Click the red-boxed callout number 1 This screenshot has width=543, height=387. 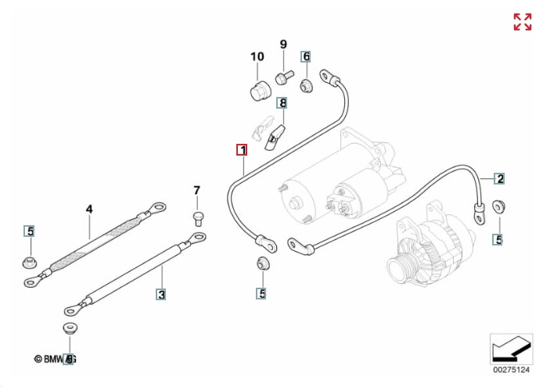tap(243, 149)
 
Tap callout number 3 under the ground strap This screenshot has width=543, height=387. tap(161, 295)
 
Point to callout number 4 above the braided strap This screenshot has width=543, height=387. tap(89, 209)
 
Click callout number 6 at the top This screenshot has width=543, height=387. tap(306, 56)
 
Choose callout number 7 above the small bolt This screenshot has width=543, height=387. tap(197, 190)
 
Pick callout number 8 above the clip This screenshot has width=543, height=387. tap(282, 102)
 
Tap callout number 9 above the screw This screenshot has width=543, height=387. tap(283, 44)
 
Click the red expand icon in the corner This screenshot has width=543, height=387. tap(522, 22)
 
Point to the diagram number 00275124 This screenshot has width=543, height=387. tap(511, 367)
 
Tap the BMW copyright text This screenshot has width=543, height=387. tap(55, 359)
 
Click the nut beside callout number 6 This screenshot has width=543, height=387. tap(307, 83)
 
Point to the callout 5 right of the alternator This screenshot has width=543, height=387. tap(498, 238)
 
